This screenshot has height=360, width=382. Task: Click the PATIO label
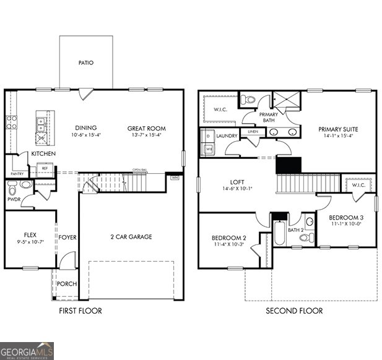click(86, 62)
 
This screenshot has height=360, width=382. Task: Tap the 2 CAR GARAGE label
click(131, 236)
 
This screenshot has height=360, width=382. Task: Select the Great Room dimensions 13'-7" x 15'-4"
click(147, 135)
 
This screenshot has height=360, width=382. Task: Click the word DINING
click(85, 128)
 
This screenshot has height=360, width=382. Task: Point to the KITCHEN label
click(43, 153)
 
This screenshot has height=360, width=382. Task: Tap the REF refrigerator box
click(45, 168)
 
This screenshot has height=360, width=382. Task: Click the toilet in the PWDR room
click(12, 185)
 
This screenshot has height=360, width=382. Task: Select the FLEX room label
click(30, 235)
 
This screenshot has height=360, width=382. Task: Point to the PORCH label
click(67, 284)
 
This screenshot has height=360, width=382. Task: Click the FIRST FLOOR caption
click(80, 311)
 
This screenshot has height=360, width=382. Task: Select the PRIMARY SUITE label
click(338, 129)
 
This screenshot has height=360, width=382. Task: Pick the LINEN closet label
click(252, 132)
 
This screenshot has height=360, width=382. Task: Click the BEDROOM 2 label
click(228, 238)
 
